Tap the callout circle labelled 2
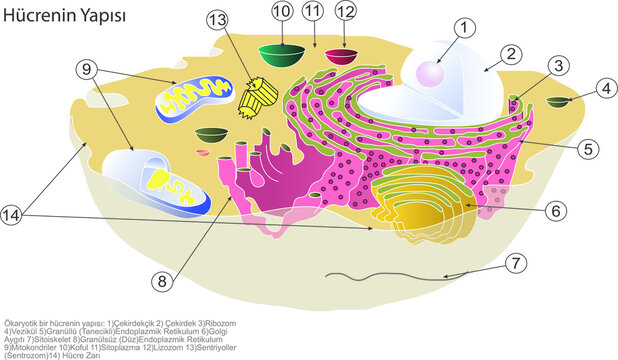pos(509,54)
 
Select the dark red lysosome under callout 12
pos(346,55)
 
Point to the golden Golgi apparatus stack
pos(420,195)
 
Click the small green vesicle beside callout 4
pos(560,101)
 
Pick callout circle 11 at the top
pos(314,11)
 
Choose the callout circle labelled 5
pos(589,149)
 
